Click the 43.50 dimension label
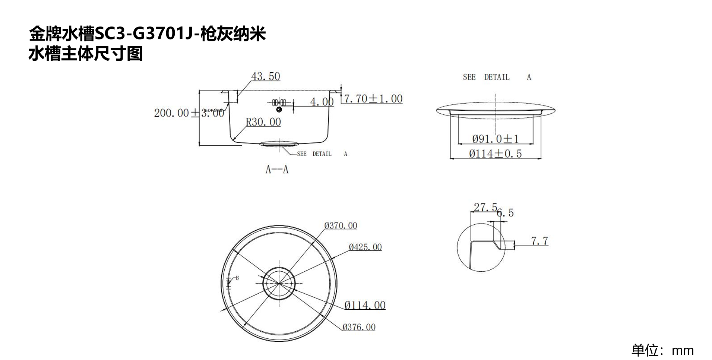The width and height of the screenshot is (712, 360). (x=265, y=76)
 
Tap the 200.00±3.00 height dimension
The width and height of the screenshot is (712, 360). (x=189, y=113)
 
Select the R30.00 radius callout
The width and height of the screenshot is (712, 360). (x=263, y=122)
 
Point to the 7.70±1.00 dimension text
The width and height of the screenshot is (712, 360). (x=373, y=99)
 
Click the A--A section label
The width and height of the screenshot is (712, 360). (x=277, y=170)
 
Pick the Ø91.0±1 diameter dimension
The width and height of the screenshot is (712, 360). (x=495, y=139)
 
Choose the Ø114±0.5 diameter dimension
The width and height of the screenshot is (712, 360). (x=495, y=154)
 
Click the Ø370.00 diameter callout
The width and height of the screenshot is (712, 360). (x=341, y=225)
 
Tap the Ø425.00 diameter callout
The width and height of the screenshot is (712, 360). (x=365, y=247)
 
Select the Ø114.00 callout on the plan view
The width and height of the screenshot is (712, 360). (x=365, y=306)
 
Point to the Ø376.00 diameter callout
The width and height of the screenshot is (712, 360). (x=359, y=327)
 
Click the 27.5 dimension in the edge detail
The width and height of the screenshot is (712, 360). (x=485, y=207)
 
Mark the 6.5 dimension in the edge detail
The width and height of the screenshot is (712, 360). (x=506, y=213)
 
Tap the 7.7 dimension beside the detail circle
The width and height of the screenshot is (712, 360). (x=539, y=241)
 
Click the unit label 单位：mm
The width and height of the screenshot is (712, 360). (x=662, y=350)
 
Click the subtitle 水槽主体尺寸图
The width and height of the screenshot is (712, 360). (x=86, y=54)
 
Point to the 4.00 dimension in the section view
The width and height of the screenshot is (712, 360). (x=322, y=102)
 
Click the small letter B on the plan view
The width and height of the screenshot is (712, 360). (x=237, y=278)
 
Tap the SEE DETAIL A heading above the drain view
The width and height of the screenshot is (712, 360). (x=497, y=77)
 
